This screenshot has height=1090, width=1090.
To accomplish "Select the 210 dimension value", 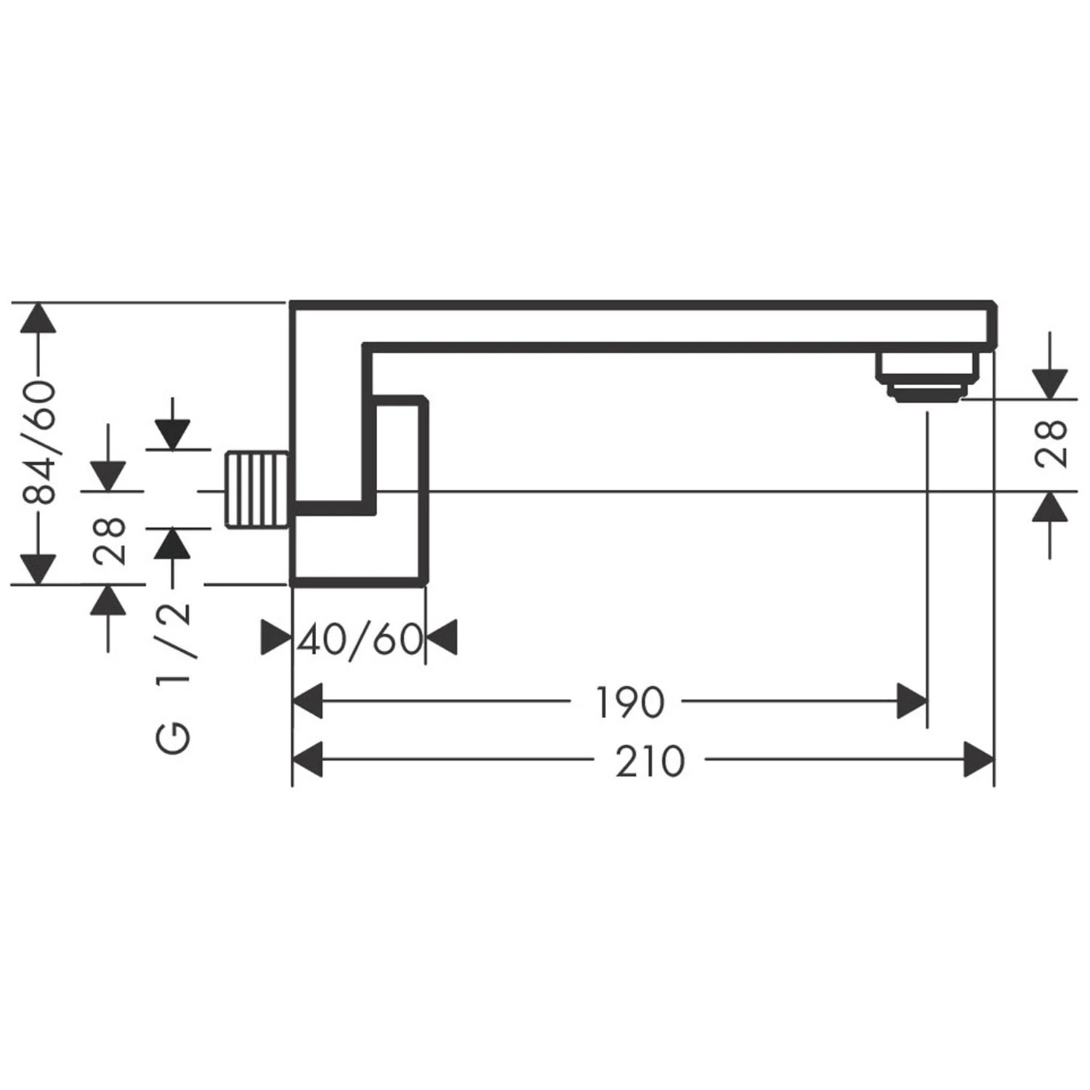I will pyautogui.click(x=650, y=762).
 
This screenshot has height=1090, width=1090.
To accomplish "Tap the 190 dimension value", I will pyautogui.click(x=629, y=702).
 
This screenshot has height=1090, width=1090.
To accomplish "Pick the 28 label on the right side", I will pyautogui.click(x=1051, y=443).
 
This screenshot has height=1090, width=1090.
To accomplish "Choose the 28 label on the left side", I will pyautogui.click(x=109, y=541).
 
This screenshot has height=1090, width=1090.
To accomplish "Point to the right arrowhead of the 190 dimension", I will pyautogui.click(x=913, y=701).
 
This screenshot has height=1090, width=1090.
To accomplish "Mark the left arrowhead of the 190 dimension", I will pyautogui.click(x=307, y=701).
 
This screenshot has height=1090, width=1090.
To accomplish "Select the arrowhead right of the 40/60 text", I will pyautogui.click(x=441, y=638).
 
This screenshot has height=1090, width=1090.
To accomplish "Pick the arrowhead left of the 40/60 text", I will pyautogui.click(x=275, y=638).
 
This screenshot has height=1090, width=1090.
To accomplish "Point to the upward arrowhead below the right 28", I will pyautogui.click(x=1049, y=506).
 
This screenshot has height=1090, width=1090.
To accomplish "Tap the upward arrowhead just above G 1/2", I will pyautogui.click(x=172, y=543).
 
